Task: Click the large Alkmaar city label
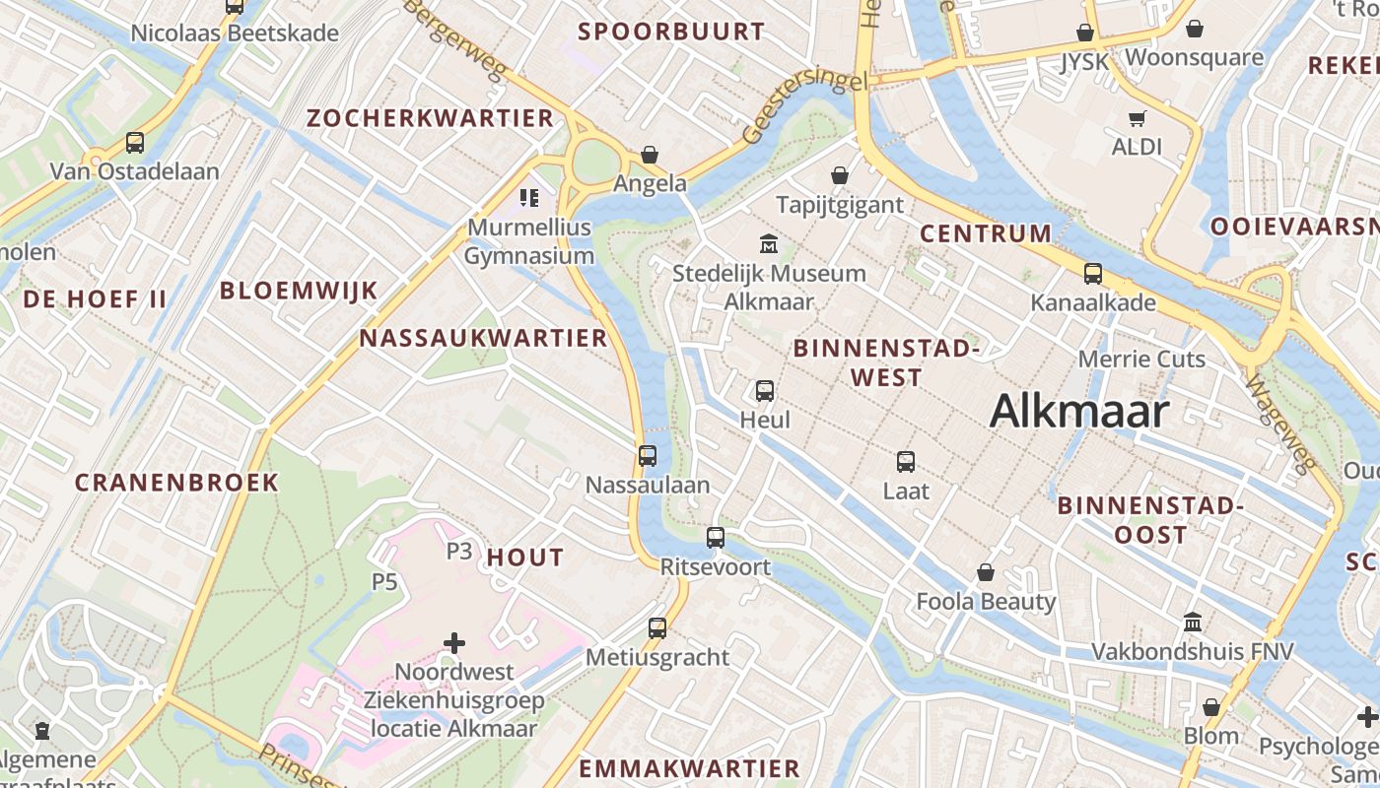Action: [x=1079, y=411]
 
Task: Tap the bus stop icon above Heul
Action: [x=765, y=391]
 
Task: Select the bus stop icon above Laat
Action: [x=906, y=461]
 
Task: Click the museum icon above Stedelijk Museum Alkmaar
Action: [x=769, y=243]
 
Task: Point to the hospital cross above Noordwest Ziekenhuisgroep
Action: [x=454, y=643]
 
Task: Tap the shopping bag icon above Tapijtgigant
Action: [x=840, y=175]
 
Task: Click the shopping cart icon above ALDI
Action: [x=1138, y=118]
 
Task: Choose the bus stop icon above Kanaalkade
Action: [x=1093, y=274]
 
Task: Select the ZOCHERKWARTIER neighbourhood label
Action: [x=430, y=118]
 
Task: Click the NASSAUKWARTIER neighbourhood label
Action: [x=483, y=338]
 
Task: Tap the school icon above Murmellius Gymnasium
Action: [x=529, y=198]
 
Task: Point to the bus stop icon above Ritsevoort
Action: [x=716, y=538]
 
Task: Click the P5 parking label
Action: [x=384, y=581]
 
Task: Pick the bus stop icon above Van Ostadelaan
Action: [x=135, y=143]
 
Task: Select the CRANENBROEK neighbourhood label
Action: [x=177, y=483]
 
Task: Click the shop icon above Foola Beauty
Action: [x=986, y=572]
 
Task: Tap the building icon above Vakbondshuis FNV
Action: [x=1193, y=623]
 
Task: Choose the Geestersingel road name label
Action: [x=798, y=105]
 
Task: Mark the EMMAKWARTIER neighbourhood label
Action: [x=689, y=768]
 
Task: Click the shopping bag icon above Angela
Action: [x=650, y=155]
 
